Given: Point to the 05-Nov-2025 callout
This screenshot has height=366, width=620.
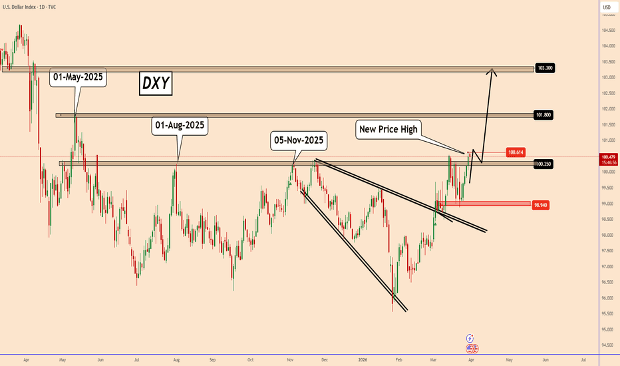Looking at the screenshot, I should (297, 140).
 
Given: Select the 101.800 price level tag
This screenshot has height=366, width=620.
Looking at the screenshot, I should (544, 115).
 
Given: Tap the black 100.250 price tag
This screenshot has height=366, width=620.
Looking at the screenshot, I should (544, 163).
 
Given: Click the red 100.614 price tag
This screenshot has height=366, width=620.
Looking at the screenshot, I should (517, 152).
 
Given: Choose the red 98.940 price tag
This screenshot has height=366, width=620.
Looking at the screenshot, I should (540, 204).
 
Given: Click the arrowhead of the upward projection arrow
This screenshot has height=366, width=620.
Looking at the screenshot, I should (492, 72).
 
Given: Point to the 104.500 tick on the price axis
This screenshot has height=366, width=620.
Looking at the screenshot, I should (608, 31).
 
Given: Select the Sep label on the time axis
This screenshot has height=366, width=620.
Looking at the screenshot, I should (212, 359).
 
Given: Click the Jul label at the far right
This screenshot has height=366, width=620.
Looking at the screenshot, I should (583, 359).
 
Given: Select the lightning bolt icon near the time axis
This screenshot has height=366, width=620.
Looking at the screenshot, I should (472, 338).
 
